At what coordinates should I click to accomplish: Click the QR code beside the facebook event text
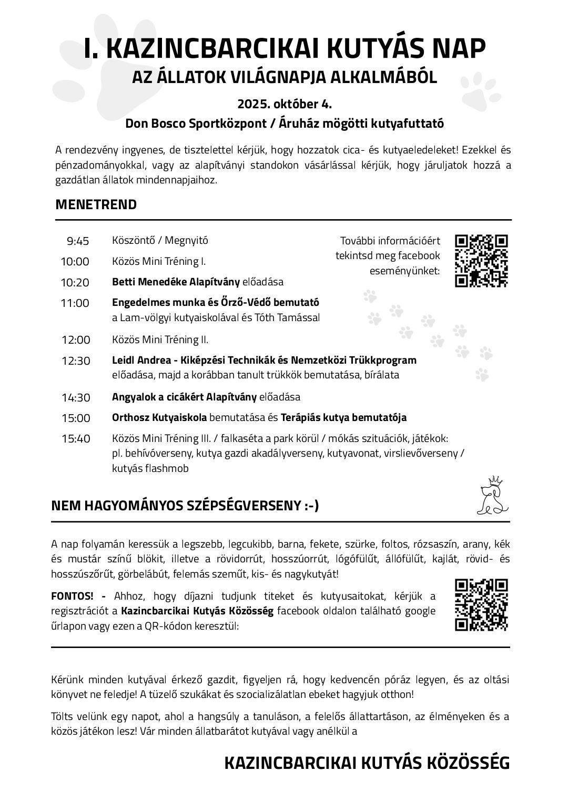tap(481, 261)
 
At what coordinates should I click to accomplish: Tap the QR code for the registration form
tap(481, 604)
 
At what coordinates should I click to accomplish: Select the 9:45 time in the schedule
tap(78, 241)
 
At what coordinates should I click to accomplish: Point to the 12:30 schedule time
tap(76, 361)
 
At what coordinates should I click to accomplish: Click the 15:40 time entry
tap(76, 439)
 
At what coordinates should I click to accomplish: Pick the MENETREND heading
tap(96, 204)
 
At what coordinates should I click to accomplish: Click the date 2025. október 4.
tap(284, 104)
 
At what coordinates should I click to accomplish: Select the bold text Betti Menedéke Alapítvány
tap(176, 282)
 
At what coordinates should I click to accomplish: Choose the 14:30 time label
tap(76, 398)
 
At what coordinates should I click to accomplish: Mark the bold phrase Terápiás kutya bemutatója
tap(343, 418)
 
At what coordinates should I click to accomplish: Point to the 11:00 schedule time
tap(75, 303)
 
